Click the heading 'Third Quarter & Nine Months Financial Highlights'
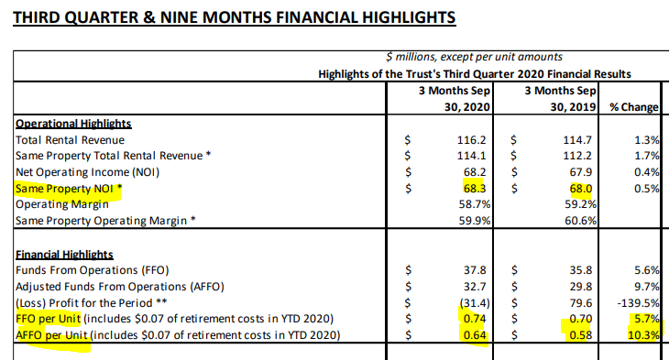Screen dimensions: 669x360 coord(235,17)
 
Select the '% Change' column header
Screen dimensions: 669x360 coord(634,106)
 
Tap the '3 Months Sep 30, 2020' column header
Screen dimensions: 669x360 coord(455,99)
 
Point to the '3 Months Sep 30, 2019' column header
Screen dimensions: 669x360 coord(560,99)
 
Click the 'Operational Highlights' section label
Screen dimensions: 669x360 coord(73,124)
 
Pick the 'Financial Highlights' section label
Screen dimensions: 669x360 coord(64,255)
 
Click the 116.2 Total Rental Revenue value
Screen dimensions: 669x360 coord(471,140)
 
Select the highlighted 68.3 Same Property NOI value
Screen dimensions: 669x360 coord(475,189)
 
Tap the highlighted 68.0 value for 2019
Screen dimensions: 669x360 coord(581,189)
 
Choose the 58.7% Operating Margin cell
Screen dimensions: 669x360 coord(475,204)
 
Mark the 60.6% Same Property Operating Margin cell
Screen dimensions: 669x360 coord(580,221)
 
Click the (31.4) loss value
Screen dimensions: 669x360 coord(475,303)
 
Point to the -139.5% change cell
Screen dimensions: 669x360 coord(638,303)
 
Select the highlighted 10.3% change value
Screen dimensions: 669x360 coord(643,335)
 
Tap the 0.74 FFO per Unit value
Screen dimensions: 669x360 coord(475,319)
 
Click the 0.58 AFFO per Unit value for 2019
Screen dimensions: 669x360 coord(581,335)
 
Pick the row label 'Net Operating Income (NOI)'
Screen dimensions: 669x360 coord(87,172)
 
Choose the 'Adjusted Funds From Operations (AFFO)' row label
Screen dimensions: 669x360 coord(120,287)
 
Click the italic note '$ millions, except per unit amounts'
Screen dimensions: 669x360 coord(474,57)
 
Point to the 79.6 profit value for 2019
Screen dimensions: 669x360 coord(581,303)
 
